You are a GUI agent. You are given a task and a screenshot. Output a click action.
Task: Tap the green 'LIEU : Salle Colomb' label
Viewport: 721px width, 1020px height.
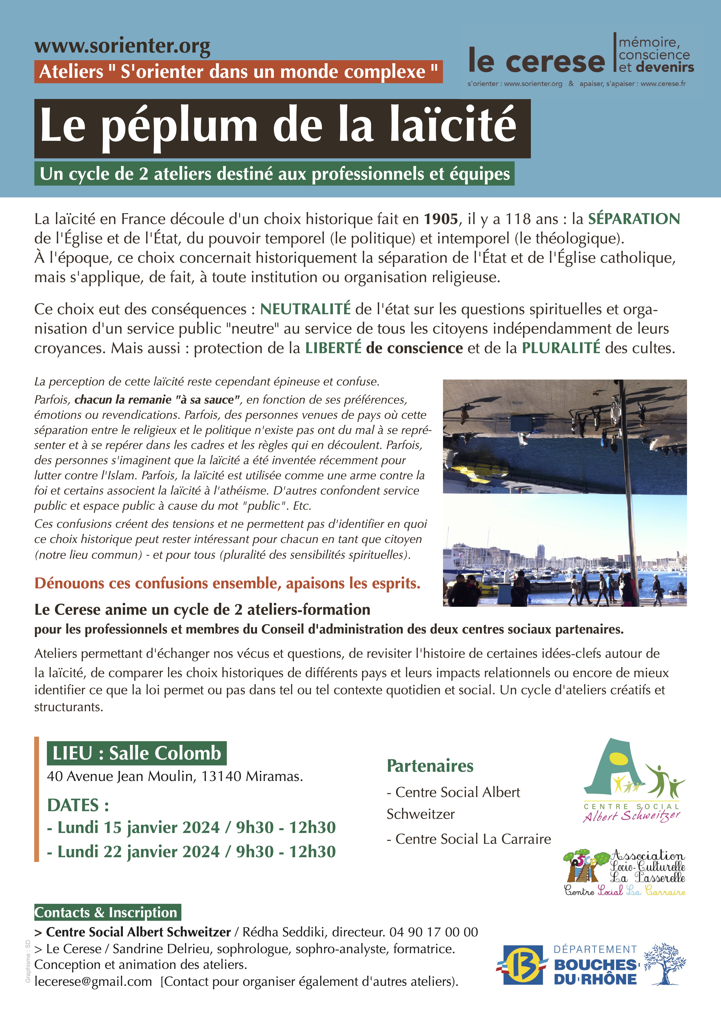(136, 753)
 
